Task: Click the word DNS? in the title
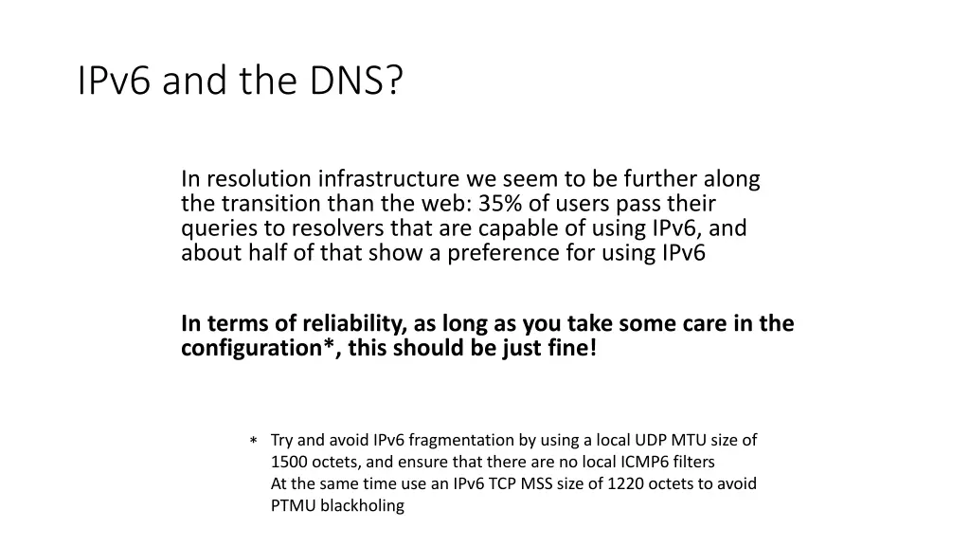[353, 82]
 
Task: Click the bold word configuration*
[258, 349]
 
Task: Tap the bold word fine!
[574, 349]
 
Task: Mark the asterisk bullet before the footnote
[254, 442]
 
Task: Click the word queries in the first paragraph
[212, 228]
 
